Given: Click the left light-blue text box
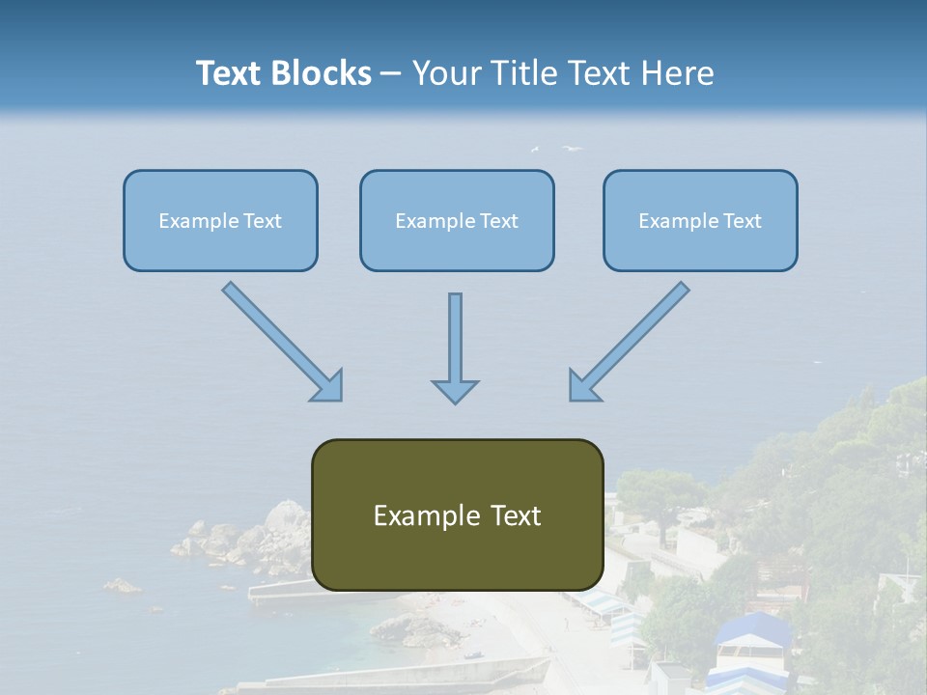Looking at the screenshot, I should pos(220,220).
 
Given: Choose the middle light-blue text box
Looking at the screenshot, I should pos(457,220).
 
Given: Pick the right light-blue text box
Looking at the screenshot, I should pos(700,220).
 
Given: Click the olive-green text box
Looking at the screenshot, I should pos(457,514).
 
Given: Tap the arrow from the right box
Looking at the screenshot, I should pos(630,341).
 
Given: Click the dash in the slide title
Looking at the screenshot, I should pos(391,73).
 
